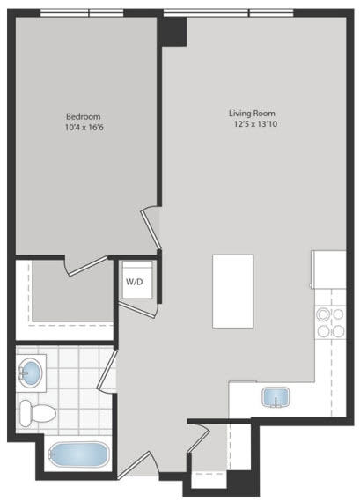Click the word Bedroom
pyautogui.click(x=84, y=116)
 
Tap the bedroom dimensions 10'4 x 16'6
pyautogui.click(x=84, y=129)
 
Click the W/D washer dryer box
pyautogui.click(x=135, y=282)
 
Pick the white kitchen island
pyautogui.click(x=232, y=291)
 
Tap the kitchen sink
pyautogui.click(x=275, y=397)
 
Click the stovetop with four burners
pyautogui.click(x=329, y=322)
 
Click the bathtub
pyautogui.click(x=78, y=456)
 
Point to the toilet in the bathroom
pyautogui.click(x=38, y=412)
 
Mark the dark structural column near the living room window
pyautogui.click(x=173, y=31)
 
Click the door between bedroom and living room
pyautogui.click(x=151, y=231)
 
